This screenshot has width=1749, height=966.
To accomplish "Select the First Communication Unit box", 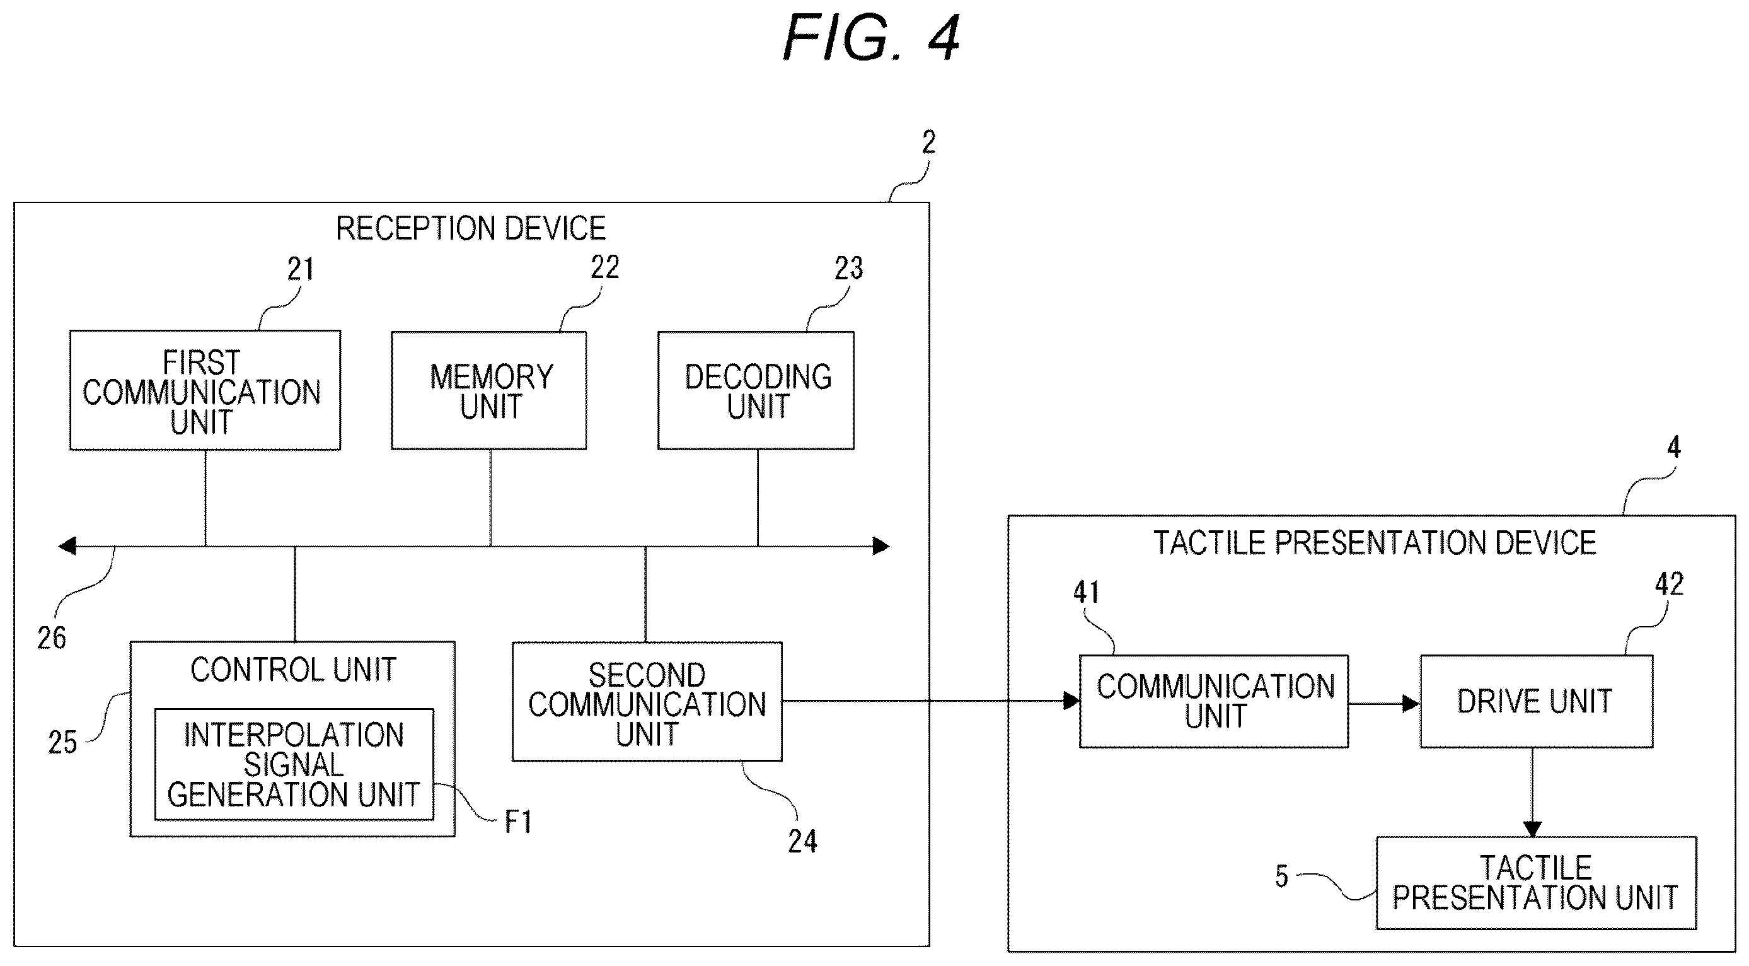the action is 205,390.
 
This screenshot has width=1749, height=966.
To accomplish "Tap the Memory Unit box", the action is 489,390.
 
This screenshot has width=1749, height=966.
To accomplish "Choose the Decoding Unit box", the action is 756,390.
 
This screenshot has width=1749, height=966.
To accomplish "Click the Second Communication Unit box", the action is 647,701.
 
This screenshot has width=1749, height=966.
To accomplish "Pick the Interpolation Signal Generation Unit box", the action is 294,764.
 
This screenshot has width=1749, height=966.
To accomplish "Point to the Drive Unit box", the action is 1537,701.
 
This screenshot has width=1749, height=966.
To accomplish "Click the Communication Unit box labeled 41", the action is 1214,701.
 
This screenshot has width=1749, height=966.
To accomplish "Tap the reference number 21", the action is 301,270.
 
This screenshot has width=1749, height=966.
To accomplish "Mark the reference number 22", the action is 605,267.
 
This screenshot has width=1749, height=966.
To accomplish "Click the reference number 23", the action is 849,269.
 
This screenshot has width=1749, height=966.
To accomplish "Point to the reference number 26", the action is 52,638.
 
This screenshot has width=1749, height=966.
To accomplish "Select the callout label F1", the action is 518,822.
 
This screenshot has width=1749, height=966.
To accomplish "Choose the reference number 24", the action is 802,842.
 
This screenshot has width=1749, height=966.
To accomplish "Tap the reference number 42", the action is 1670,585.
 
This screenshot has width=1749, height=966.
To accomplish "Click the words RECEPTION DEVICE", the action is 471,229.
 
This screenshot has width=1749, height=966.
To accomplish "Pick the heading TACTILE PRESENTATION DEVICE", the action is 1375,543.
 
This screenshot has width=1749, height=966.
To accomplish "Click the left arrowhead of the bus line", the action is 67,545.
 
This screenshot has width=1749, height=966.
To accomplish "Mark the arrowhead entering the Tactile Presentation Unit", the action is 1532,829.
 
